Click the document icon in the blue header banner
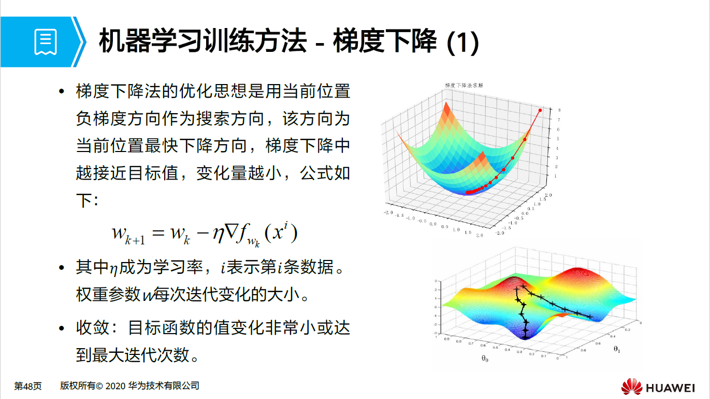pos(46,42)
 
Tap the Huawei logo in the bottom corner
pos(631,387)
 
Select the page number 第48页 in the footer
pos(27,386)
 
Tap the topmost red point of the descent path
pos(541,110)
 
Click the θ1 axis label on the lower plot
pos(617,349)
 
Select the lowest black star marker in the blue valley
pos(526,337)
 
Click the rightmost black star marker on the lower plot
pos(590,317)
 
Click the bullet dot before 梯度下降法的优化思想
pos(62,92)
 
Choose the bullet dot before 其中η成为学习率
pos(62,269)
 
